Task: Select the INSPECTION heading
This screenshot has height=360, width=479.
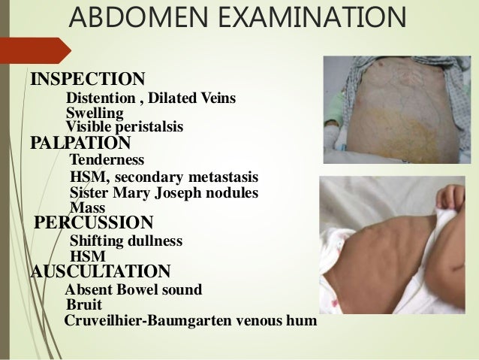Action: click(87, 78)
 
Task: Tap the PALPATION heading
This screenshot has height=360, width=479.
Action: click(79, 142)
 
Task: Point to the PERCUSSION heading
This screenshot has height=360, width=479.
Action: click(95, 223)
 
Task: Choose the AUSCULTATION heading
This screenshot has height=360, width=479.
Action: click(100, 271)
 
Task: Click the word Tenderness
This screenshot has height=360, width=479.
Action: click(107, 160)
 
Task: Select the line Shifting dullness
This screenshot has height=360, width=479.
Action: click(125, 242)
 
